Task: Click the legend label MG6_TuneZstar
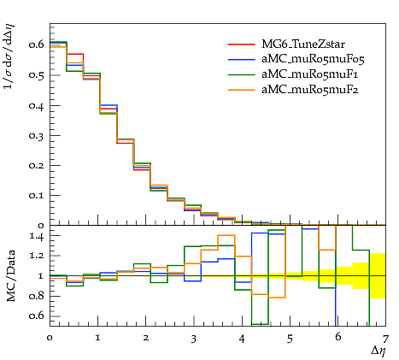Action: (x=303, y=44)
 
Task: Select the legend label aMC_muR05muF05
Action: (x=313, y=59)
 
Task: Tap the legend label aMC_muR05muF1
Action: (x=310, y=74)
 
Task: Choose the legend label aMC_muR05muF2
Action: (x=310, y=90)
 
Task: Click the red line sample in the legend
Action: (x=242, y=44)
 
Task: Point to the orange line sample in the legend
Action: (x=242, y=90)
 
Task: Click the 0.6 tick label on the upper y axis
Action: (x=36, y=44)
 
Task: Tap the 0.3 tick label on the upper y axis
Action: (x=36, y=135)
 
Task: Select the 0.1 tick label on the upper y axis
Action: (x=36, y=196)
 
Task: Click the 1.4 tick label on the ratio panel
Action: (x=37, y=236)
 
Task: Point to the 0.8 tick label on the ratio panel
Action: (x=36, y=296)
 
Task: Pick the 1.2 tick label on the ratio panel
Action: (x=37, y=256)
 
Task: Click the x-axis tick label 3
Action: (x=194, y=339)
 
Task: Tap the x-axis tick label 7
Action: (x=385, y=339)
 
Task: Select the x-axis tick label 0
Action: (x=50, y=338)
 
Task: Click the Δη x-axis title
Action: (x=378, y=351)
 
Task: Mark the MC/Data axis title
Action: (x=11, y=276)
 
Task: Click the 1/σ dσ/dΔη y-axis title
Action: (x=9, y=56)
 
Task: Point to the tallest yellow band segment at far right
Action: (x=378, y=275)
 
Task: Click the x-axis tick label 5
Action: (x=290, y=339)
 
